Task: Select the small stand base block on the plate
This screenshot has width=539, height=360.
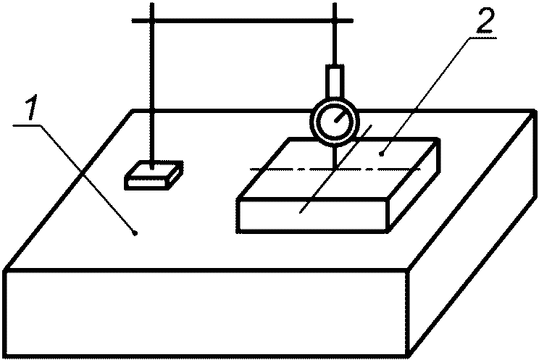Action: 153,175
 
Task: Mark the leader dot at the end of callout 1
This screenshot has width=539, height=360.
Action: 135,232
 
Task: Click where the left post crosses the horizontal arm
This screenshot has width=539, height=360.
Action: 154,20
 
